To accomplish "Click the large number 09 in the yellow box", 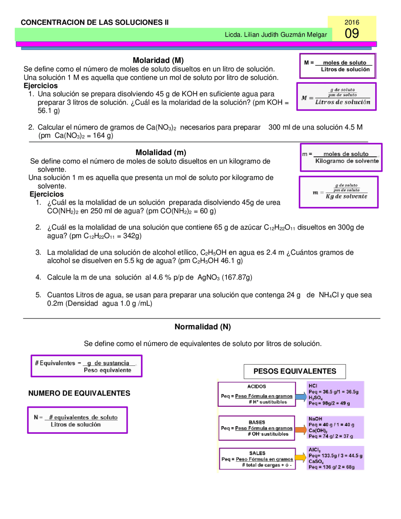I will click(352, 34).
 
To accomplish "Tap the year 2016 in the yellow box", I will click(352, 22).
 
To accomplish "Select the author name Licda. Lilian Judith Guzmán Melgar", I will click(276, 35).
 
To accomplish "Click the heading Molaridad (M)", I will click(158, 60).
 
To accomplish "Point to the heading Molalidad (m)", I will click(161, 152).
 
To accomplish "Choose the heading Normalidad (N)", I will click(202, 327).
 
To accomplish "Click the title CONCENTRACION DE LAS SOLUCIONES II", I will click(95, 22).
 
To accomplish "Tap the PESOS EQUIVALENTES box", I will click(294, 371).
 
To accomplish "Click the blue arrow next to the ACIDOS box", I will click(301, 396).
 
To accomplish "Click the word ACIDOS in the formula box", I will click(257, 386).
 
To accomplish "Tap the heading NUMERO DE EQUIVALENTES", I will click(79, 393).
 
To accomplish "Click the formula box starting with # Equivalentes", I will click(86, 366).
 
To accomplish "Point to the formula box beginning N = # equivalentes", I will click(77, 420).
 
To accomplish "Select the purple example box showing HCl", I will click(335, 394).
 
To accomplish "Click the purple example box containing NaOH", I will click(335, 427).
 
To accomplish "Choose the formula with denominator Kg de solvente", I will click(339, 192).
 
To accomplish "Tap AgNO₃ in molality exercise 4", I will click(208, 277).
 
